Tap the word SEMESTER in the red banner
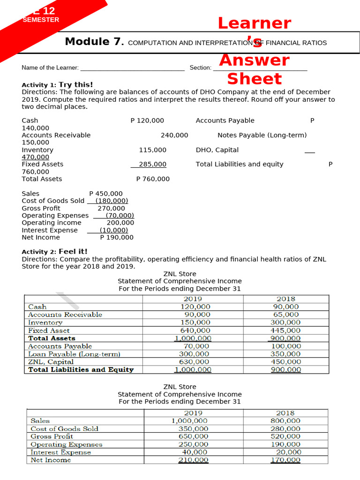click(x=41, y=20)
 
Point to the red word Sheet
click(x=254, y=79)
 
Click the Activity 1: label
click(x=39, y=85)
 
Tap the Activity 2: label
click(x=39, y=252)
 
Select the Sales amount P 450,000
click(x=105, y=194)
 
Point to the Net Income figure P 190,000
click(x=116, y=237)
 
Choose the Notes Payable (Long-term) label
click(x=262, y=135)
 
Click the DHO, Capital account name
click(x=217, y=150)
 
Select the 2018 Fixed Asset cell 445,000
click(x=285, y=330)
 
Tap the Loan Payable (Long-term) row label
click(x=74, y=354)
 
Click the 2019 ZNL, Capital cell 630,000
click(x=194, y=362)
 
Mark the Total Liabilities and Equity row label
click(x=81, y=369)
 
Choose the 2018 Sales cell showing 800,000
click(x=285, y=421)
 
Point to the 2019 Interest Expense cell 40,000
click(x=194, y=452)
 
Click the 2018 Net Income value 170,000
click(x=285, y=460)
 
